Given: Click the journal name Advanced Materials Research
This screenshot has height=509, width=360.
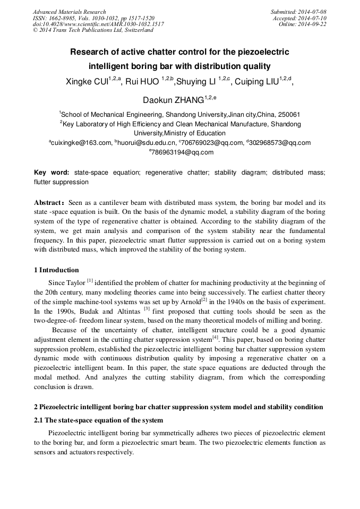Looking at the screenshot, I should (69, 12).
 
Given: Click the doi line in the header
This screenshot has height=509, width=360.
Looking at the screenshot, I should (98, 24).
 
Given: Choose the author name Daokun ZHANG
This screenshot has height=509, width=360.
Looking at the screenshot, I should (174, 100).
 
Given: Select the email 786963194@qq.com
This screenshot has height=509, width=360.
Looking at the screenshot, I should (182, 152).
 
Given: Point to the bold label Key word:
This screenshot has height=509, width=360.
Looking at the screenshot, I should (52, 172).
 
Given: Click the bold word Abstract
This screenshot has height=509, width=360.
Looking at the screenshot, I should (49, 203).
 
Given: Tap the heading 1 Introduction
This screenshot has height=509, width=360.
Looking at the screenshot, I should (56, 270).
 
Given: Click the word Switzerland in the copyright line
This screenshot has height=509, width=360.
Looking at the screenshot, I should (137, 31).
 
